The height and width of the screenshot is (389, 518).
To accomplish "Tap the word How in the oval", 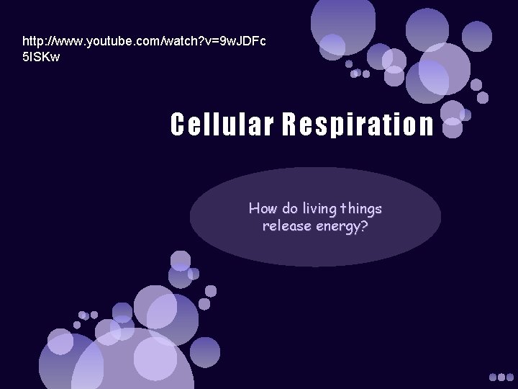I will point(261,209).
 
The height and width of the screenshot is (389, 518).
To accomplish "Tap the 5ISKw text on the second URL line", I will point(42,56).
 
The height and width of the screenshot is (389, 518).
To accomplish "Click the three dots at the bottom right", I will point(501,377).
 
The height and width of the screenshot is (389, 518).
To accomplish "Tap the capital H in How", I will point(253,209).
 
